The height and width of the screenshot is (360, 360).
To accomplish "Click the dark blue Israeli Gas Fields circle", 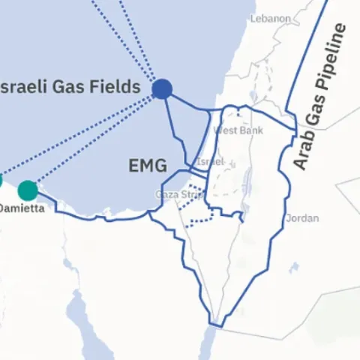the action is (162, 89).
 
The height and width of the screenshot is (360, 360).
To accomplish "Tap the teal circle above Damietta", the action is (28, 190).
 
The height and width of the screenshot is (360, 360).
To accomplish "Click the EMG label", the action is (147, 166).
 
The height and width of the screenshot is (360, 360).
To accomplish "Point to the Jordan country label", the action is (302, 218).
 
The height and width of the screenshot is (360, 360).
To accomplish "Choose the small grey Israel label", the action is (209, 162).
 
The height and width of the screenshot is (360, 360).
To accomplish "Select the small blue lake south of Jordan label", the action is (295, 268).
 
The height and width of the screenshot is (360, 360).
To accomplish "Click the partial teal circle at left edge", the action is (1, 180).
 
